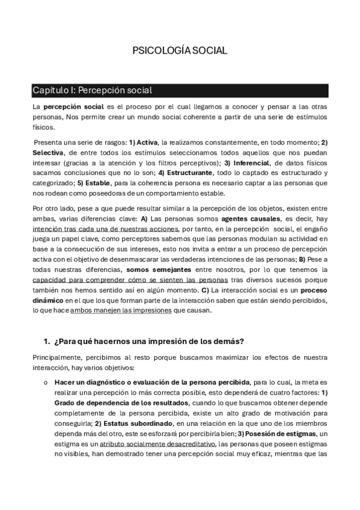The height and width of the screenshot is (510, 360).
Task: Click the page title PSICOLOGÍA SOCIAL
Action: [180, 51]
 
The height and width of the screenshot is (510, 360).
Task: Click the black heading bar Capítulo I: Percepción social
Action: [180, 90]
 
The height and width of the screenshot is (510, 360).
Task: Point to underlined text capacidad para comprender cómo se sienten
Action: [130, 280]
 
